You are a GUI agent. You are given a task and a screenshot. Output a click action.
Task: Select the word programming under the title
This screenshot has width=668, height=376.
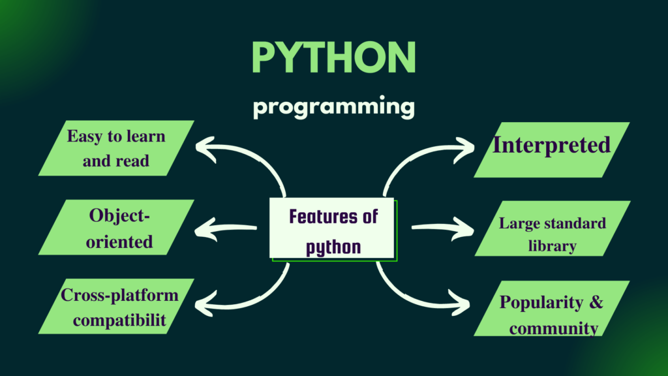point(333,106)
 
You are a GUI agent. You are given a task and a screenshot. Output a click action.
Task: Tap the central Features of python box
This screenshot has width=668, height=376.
point(333,230)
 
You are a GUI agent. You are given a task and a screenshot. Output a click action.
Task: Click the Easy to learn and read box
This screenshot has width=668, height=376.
point(116,148)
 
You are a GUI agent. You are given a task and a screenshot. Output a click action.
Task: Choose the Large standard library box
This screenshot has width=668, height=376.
point(552,234)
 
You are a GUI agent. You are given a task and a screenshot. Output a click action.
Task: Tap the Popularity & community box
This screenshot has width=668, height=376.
point(551,314)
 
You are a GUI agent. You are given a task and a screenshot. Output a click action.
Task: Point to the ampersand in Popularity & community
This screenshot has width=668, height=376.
point(596,302)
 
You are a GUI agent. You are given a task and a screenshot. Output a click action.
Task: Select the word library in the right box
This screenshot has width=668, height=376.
point(552,246)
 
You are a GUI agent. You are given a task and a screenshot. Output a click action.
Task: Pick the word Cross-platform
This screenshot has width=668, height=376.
point(119,294)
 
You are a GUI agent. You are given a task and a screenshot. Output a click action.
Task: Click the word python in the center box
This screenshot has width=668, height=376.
point(333,247)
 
